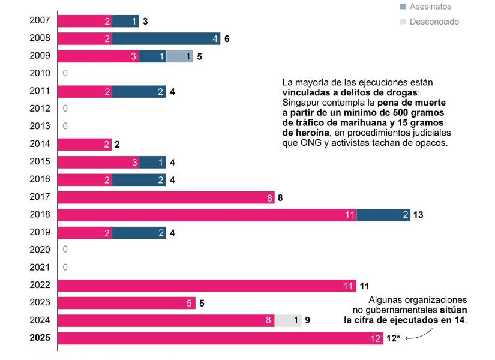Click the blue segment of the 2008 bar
click(166, 39)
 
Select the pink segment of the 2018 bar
click(207, 215)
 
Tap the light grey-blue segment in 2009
click(179, 57)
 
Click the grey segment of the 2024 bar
click(288, 320)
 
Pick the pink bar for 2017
click(166, 197)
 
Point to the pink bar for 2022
click(207, 286)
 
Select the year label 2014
click(40, 145)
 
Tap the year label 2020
click(40, 250)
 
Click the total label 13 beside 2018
click(419, 215)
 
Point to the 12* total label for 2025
click(393, 338)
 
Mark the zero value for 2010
click(65, 74)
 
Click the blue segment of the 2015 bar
click(152, 162)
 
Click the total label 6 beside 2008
click(227, 39)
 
